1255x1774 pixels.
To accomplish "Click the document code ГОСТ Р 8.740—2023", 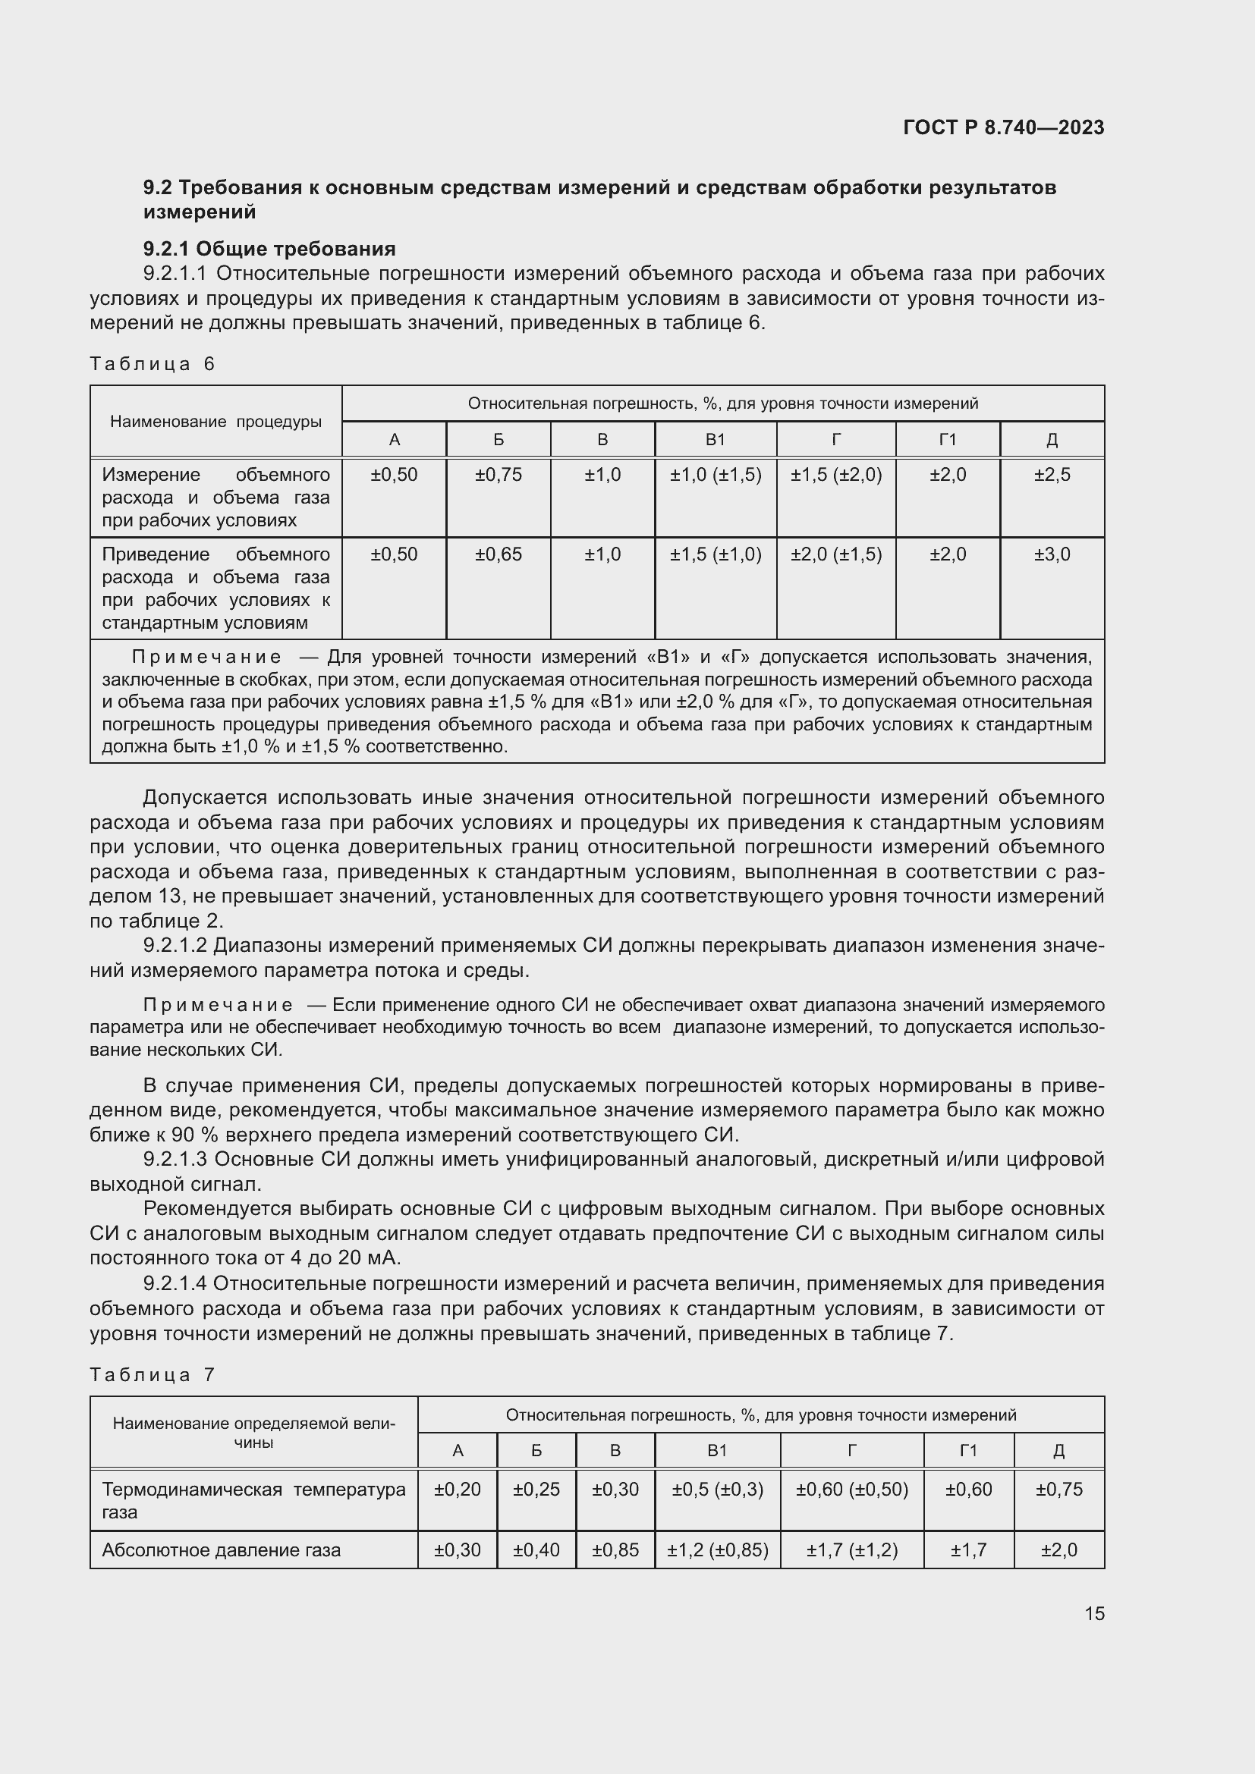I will coord(1003,127).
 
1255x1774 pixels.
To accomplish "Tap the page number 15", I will coord(1094,1613).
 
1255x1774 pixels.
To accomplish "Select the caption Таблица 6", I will coord(153,364).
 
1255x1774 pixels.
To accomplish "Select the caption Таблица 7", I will coord(153,1374).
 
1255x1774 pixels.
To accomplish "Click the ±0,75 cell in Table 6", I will coord(499,476).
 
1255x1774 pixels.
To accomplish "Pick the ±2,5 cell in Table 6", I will coord(1052,476).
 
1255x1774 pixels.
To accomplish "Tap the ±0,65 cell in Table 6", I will coord(499,554).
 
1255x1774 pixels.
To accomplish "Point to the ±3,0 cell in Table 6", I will coord(1052,554).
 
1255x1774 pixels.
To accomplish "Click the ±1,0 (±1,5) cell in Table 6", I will coord(716,476).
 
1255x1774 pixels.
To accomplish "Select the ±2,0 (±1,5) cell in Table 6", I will coord(836,554).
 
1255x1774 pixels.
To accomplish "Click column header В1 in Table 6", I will coord(716,440).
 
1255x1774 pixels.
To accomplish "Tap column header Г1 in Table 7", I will coord(968,1451).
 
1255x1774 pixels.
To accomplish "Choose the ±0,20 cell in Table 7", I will coord(458,1489).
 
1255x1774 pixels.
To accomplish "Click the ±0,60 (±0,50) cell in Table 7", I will coord(851,1489).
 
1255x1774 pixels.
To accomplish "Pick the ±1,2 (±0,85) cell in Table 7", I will coord(717,1550).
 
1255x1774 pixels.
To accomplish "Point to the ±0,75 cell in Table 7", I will coord(1058,1489).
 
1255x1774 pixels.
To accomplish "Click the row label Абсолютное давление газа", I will coord(221,1550).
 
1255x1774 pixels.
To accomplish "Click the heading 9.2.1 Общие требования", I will coord(269,249).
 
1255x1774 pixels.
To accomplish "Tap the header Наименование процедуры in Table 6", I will coord(215,422).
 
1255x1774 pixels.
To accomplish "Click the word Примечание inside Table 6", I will coord(206,658).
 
